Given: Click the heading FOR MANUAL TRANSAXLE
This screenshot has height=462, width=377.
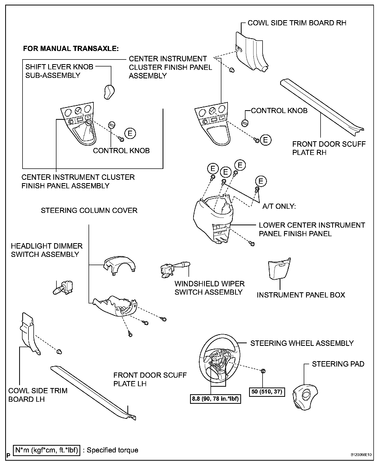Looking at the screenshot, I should point(71,49).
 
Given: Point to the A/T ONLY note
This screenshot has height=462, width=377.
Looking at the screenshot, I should point(279,206).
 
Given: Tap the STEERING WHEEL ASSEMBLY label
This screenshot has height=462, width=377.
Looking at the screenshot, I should point(302,343).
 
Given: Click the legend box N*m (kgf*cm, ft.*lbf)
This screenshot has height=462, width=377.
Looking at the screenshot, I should point(47,450).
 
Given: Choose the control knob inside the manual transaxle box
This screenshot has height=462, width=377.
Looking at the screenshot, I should point(111,124).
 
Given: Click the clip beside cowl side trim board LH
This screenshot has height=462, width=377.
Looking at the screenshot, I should point(59,351).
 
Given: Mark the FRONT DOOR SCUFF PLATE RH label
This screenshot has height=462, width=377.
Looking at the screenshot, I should point(329,148).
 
